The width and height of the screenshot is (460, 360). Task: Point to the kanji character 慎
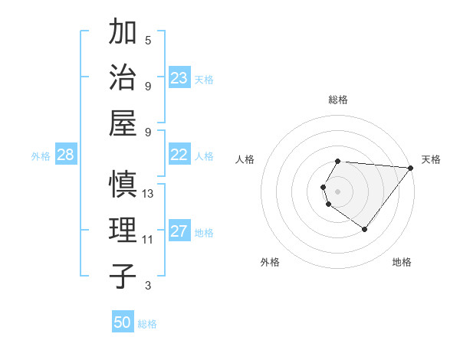click(123, 185)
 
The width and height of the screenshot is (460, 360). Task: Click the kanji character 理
click(123, 230)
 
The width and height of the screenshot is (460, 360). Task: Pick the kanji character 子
click(123, 275)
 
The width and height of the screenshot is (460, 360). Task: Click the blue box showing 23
click(179, 78)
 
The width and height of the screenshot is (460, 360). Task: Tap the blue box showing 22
click(179, 155)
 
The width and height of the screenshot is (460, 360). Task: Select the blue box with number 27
click(179, 231)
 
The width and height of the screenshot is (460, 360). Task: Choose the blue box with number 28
click(65, 155)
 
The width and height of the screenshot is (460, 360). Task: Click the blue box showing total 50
click(123, 322)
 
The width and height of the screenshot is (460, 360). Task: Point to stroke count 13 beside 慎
click(148, 194)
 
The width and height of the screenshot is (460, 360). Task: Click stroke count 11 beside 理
click(148, 240)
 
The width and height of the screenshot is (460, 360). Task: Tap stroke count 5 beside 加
click(148, 40)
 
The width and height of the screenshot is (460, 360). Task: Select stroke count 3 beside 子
click(148, 286)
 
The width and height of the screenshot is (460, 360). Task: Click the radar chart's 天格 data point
click(410, 169)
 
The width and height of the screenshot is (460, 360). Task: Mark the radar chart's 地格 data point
click(364, 230)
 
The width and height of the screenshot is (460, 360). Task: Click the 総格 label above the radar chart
click(337, 100)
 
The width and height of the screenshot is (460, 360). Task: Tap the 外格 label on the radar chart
click(270, 262)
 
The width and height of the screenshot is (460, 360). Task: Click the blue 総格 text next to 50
click(147, 324)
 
